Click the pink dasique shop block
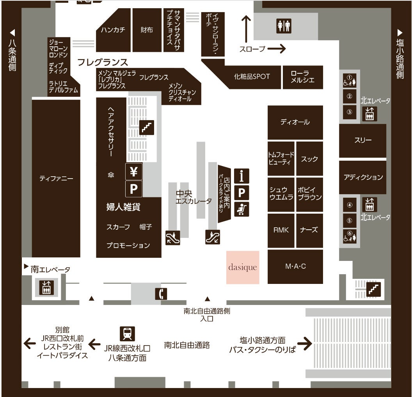click(x=243, y=267)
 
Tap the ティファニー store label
click(x=56, y=179)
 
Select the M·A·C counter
click(x=295, y=266)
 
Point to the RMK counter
click(x=281, y=230)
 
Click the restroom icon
click(x=284, y=26)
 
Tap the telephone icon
click(x=161, y=294)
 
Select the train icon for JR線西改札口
click(x=127, y=333)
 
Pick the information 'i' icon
click(x=242, y=176)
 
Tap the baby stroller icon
click(x=242, y=209)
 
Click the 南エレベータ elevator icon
click(x=46, y=288)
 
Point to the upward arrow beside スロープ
click(x=246, y=28)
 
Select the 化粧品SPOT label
click(x=252, y=76)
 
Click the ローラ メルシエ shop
click(x=303, y=77)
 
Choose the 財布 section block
click(x=147, y=30)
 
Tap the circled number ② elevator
click(x=350, y=96)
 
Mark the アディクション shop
click(x=363, y=177)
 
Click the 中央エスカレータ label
click(x=194, y=197)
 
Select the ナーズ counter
click(x=309, y=230)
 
